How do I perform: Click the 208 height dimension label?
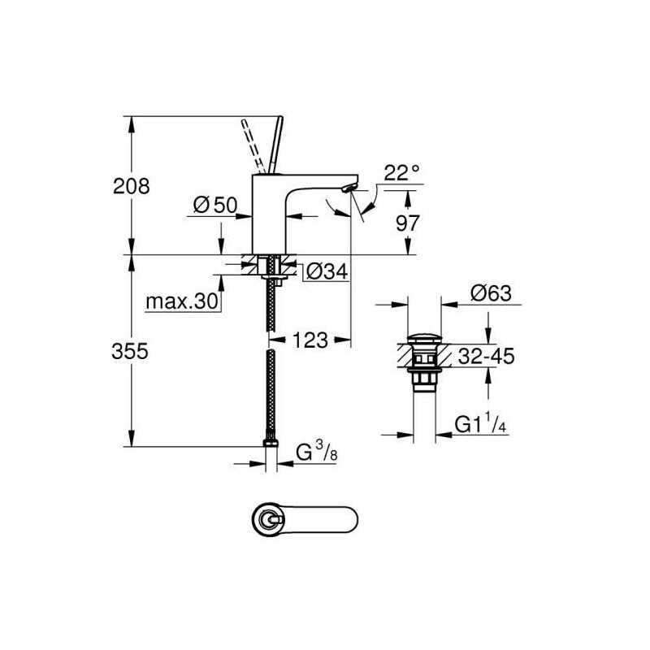point(131,186)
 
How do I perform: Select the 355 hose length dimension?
point(130,352)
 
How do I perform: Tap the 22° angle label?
point(401,172)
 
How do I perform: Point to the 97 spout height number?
point(408,223)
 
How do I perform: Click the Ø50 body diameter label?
point(215,205)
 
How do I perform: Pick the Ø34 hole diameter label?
point(327,272)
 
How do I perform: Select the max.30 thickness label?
point(181,301)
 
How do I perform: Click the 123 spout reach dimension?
point(310,340)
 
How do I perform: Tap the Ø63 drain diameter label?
point(491,293)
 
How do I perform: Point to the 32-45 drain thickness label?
point(486,356)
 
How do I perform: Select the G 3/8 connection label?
point(316,452)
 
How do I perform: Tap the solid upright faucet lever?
point(275,144)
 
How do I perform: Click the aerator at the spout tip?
point(349,189)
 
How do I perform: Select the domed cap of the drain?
point(424,337)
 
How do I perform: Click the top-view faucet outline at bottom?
point(305,518)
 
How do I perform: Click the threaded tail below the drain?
point(424,381)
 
